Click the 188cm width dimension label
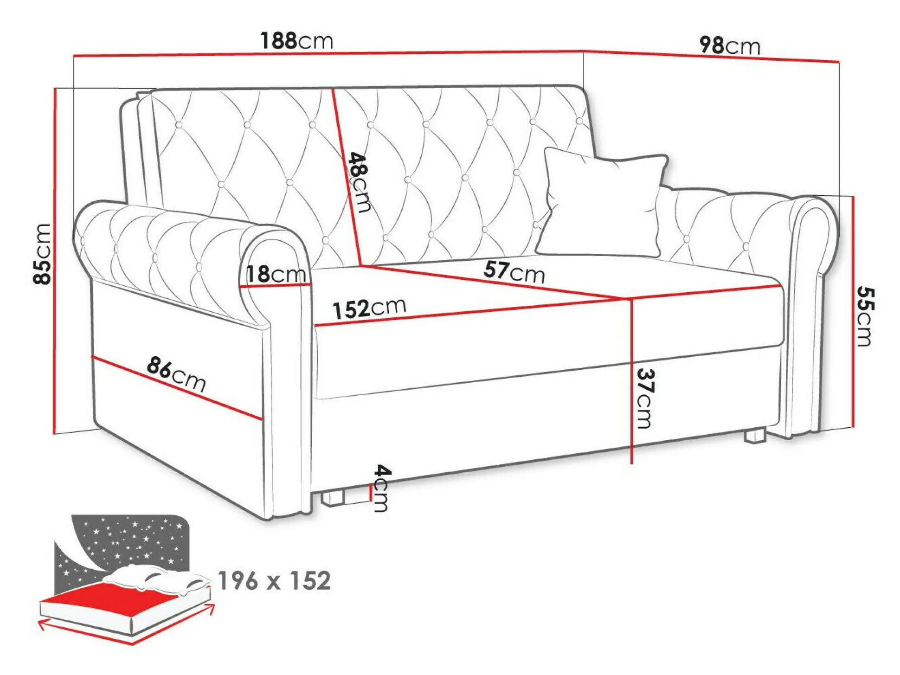pos(297,41)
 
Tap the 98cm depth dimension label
pos(730,45)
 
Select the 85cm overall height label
pos(42,253)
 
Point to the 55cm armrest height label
pos(864,316)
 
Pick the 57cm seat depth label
pos(514,272)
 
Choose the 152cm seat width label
pos(369,309)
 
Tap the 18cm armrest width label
pos(276,274)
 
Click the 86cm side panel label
pos(176,374)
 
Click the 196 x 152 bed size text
pos(274,580)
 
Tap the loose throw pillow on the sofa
pos(602,202)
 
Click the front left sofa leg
pos(333,497)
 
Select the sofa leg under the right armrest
pos(754,436)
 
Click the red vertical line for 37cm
pos(632,381)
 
